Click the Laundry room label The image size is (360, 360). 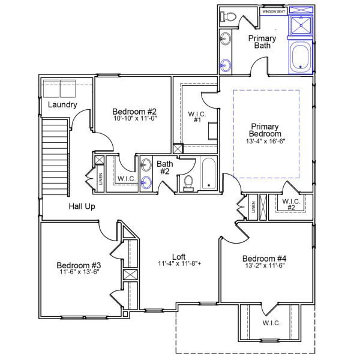[x=62, y=105]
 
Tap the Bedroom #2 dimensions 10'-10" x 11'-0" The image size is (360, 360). [x=134, y=119]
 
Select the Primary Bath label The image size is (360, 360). [x=263, y=42]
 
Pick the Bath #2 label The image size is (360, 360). [x=164, y=167]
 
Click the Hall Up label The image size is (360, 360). [x=82, y=206]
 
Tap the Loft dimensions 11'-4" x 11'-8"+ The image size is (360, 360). [x=178, y=263]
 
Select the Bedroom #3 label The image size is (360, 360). [x=79, y=265]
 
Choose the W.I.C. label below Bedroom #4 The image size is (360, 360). [x=271, y=322]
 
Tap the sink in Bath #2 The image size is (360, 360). [x=146, y=182]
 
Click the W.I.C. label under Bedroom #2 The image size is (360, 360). [x=125, y=179]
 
